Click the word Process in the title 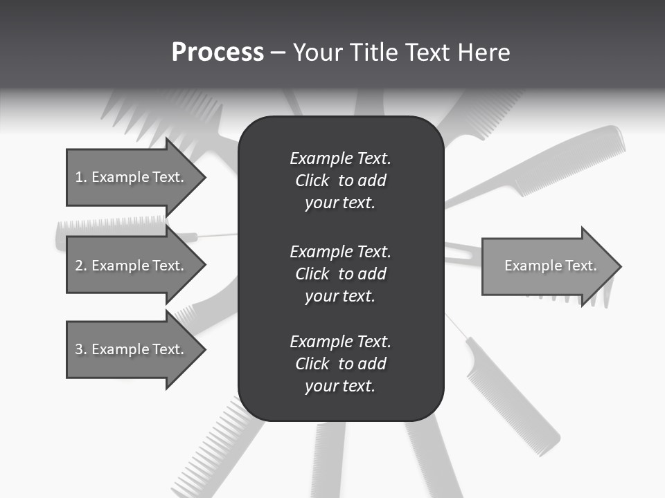[218, 53]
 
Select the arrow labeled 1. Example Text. [132, 177]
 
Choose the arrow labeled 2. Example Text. [132, 266]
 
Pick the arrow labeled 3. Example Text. [132, 349]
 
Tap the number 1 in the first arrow [78, 177]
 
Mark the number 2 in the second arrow [78, 266]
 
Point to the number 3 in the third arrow [78, 349]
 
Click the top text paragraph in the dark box [340, 181]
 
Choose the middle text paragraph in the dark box [340, 274]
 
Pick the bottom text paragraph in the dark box [340, 364]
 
